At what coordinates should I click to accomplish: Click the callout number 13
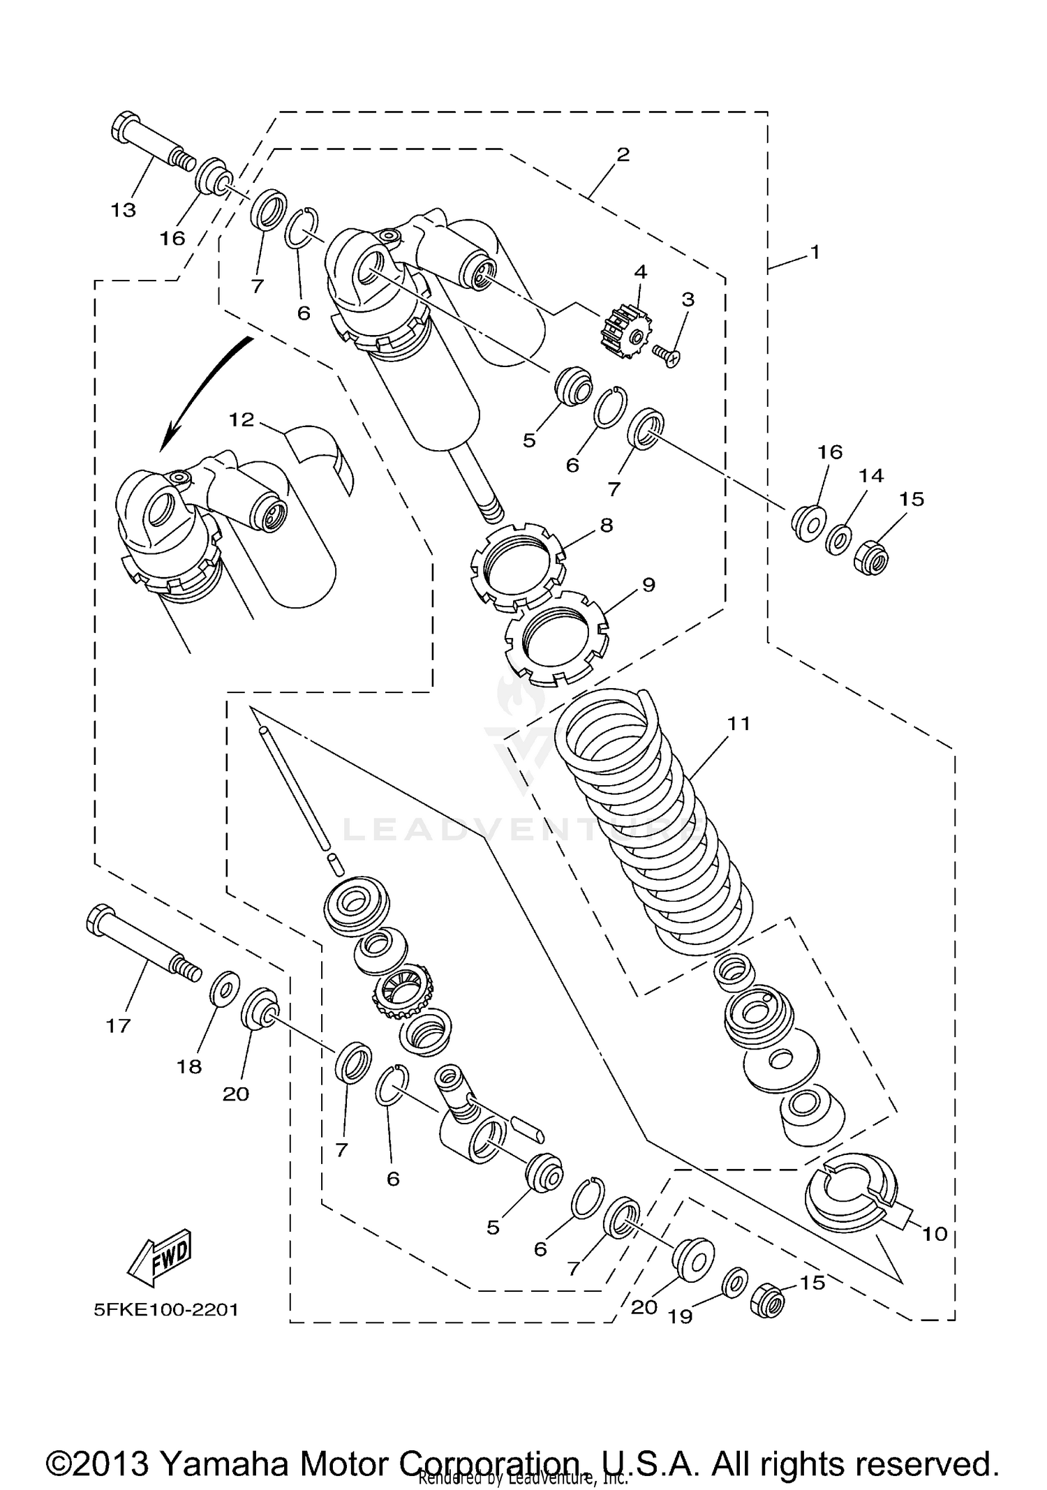click(x=124, y=210)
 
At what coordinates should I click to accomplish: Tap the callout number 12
click(x=242, y=419)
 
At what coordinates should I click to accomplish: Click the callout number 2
click(x=623, y=154)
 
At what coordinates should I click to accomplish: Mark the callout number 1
click(x=815, y=253)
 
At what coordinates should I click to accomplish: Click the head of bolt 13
click(x=126, y=127)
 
